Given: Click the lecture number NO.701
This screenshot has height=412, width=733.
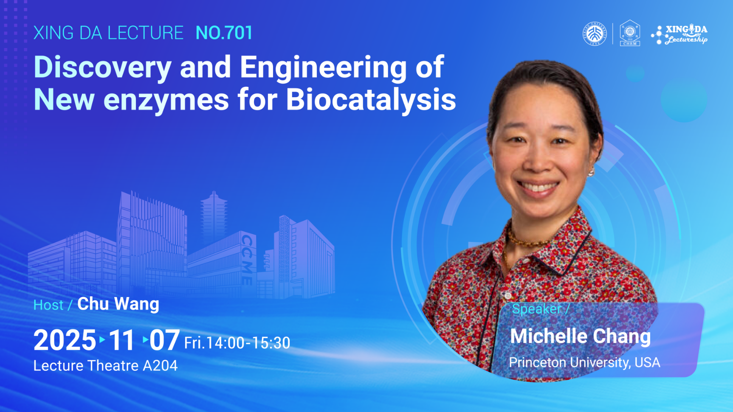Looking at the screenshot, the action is [x=224, y=33].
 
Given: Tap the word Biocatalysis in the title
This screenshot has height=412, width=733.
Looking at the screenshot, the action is [x=371, y=100].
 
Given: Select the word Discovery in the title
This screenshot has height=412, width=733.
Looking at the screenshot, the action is [x=102, y=68].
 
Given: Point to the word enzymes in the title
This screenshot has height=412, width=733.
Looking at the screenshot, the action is [x=166, y=101].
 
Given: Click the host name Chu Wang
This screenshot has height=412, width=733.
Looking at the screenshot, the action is [x=118, y=304].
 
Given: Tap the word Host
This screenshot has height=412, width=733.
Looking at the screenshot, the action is [x=48, y=305].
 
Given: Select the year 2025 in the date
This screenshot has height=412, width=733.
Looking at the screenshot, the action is [x=65, y=340].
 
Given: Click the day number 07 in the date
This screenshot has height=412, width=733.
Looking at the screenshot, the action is [x=164, y=340].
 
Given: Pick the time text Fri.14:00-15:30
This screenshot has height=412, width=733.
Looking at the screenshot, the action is [x=237, y=343].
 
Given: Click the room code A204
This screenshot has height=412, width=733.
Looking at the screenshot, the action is [x=160, y=366].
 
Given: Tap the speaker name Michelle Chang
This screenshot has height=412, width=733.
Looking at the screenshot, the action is [x=580, y=336].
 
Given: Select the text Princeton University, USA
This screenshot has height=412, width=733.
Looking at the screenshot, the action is [x=584, y=363].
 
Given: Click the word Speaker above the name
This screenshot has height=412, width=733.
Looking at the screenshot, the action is [x=536, y=309].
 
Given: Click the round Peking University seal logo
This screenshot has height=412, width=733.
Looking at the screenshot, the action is [x=595, y=34].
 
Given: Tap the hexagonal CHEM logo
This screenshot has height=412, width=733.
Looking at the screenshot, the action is [x=630, y=33].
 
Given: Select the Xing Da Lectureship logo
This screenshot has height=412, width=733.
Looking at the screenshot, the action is [x=679, y=34].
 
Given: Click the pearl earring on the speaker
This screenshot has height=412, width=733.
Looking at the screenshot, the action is [x=590, y=172].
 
